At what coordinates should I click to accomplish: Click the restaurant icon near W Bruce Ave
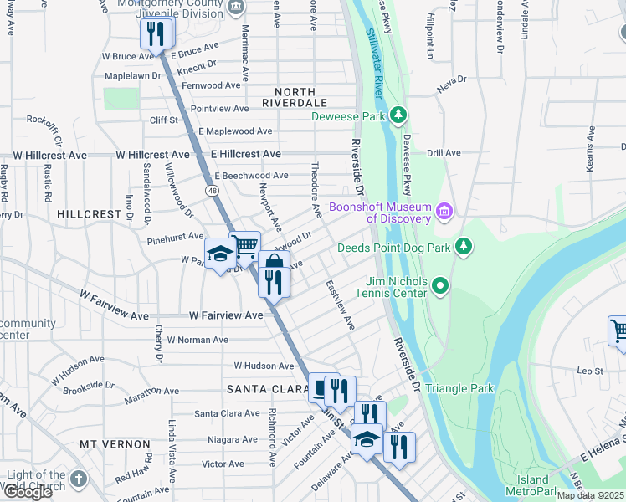point(155,33)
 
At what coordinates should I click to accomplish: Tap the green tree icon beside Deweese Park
point(401,115)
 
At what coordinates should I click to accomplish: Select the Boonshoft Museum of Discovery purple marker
point(444,213)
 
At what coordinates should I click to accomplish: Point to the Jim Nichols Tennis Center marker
point(440,287)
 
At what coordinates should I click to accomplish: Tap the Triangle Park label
point(459,388)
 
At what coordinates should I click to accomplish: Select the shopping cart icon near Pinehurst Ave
point(245,246)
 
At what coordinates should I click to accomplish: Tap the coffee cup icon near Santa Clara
point(321,387)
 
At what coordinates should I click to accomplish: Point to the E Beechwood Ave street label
point(251,176)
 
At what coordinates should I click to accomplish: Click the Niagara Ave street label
point(226,439)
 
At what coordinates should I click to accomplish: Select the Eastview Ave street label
point(341,305)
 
